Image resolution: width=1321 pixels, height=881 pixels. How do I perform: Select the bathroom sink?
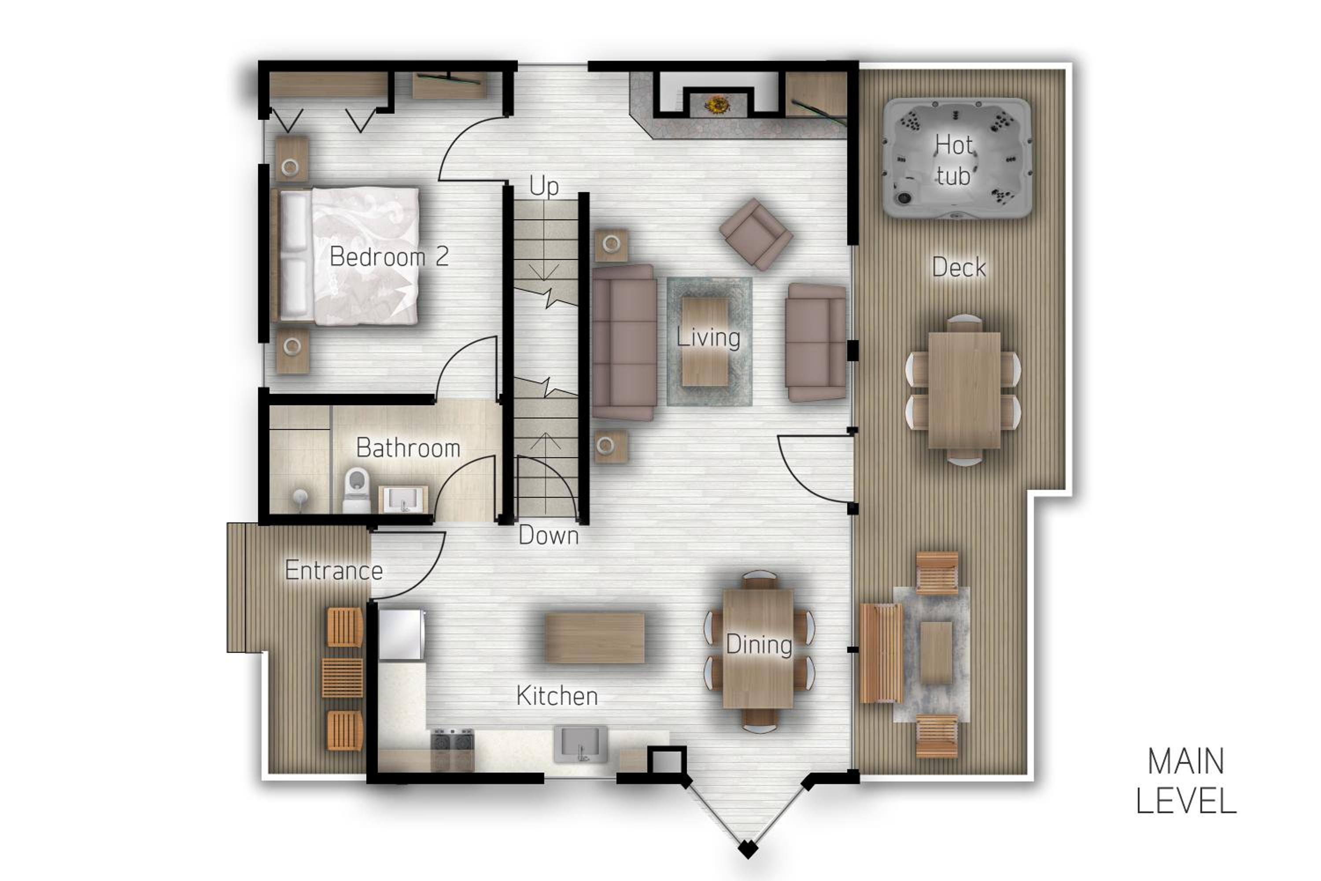tap(403, 499)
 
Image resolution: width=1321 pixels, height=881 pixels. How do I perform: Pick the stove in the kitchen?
tap(452, 750)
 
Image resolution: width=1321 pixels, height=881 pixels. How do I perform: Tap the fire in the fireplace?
tap(717, 104)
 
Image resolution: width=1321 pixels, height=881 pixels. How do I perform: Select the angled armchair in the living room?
tap(756, 234)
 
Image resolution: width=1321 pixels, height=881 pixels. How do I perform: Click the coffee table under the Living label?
tap(705, 342)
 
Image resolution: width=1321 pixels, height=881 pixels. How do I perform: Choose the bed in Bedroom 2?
tap(348, 256)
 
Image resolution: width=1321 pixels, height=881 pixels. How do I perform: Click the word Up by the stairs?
tap(544, 186)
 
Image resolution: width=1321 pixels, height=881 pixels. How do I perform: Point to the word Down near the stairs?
tap(548, 535)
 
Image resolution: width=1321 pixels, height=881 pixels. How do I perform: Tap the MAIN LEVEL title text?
tap(1186, 781)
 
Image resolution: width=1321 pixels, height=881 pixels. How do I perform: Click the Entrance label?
tap(334, 570)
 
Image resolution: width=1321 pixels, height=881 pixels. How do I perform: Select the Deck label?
tap(959, 267)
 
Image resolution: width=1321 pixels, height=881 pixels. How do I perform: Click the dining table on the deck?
tap(964, 390)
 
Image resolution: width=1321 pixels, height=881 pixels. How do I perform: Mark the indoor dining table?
tap(758, 649)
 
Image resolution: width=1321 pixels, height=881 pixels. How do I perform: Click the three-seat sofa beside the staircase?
tap(624, 343)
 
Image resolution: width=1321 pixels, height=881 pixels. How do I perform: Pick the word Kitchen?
tap(557, 696)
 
